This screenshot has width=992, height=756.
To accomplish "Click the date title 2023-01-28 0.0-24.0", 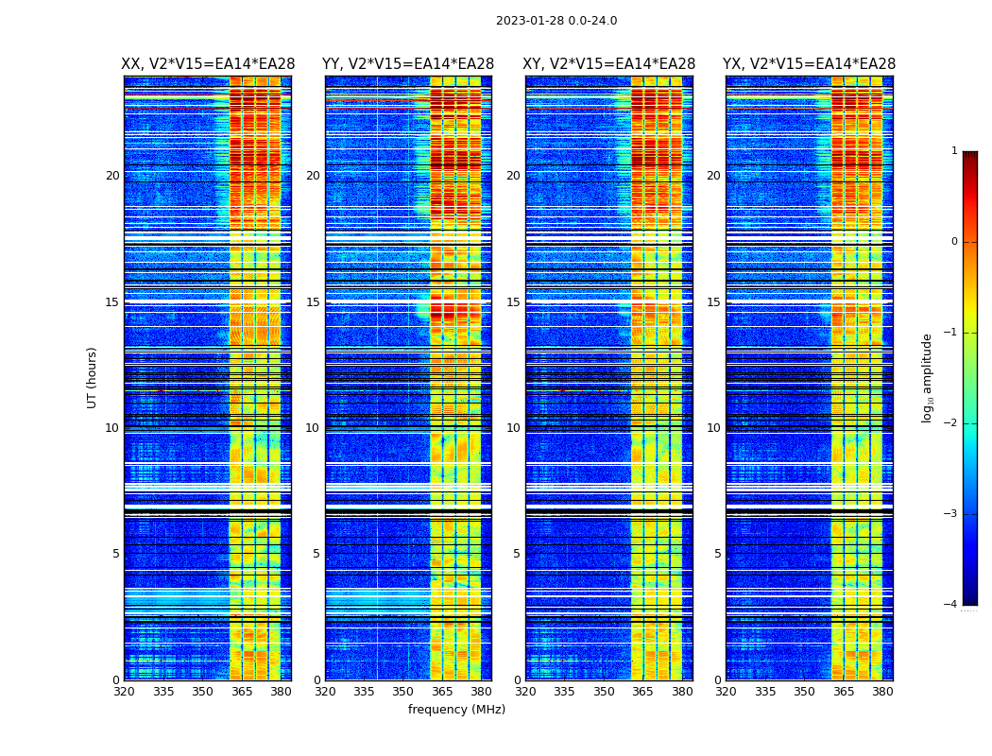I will [556, 21].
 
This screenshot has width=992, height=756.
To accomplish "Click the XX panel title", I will [208, 64].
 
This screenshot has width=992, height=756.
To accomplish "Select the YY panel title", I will [408, 64].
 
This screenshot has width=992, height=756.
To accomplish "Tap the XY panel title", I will [608, 64].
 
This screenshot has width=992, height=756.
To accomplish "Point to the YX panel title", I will [809, 64].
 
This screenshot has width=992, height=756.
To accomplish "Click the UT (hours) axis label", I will [93, 377].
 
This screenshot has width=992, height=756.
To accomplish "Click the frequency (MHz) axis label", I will [456, 710].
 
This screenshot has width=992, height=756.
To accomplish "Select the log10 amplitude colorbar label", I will [928, 377].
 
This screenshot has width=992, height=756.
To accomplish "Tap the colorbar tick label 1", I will [954, 151].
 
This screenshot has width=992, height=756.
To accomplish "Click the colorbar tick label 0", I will [954, 242].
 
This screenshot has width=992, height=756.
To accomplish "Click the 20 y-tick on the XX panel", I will [112, 176].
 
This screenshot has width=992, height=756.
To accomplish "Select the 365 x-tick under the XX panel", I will [242, 692].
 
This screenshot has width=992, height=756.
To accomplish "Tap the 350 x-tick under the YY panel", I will [403, 692].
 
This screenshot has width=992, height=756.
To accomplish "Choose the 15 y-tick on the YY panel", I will [313, 302].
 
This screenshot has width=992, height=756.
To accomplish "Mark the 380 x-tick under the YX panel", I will [882, 692].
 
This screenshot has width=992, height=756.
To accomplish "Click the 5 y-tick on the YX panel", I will [717, 554].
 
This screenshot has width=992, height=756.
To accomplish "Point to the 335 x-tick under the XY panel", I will [564, 692].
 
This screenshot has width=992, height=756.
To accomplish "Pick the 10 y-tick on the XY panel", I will [513, 428].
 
